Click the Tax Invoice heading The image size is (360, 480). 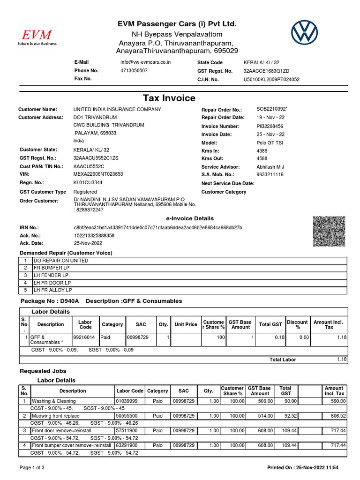(x=169, y=97)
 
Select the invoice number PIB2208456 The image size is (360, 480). (x=270, y=126)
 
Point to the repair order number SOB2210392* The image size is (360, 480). (x=272, y=109)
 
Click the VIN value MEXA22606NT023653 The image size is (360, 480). (x=98, y=174)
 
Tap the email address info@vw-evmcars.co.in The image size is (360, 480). (x=146, y=62)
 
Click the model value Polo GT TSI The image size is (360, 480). (x=270, y=143)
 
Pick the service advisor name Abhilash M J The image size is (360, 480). (x=270, y=167)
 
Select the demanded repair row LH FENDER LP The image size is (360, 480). (x=51, y=275)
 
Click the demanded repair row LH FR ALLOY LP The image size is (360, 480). (x=53, y=291)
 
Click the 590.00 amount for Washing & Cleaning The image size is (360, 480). (x=337, y=402)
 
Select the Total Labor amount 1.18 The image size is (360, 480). (x=341, y=359)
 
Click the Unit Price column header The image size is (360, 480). (x=186, y=324)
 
